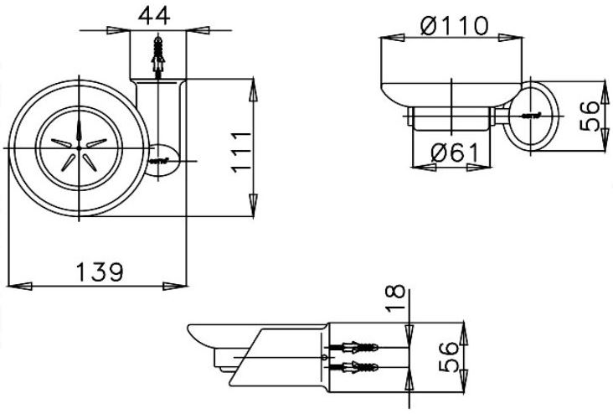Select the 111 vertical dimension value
click(x=241, y=150)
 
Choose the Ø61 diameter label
click(x=454, y=154)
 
